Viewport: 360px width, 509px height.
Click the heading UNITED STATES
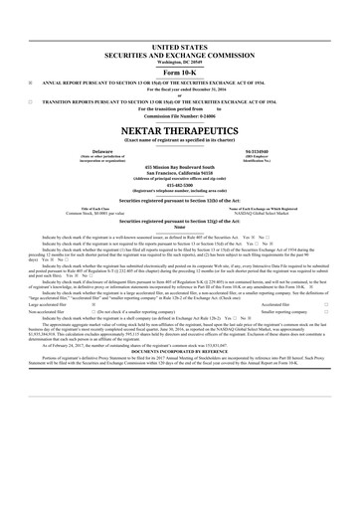coord(179,47)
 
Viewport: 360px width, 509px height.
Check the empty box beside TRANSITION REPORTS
coord(32,101)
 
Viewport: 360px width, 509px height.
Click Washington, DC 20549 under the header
coord(179,63)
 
